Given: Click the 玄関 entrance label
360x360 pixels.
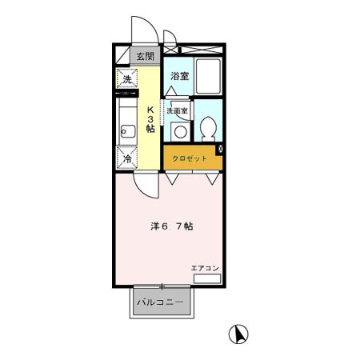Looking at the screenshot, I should point(146,56).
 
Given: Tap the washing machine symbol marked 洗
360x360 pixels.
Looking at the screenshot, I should point(127,79).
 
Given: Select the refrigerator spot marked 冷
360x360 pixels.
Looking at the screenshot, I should point(127,158).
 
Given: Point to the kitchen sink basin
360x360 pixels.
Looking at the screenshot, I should point(126,130).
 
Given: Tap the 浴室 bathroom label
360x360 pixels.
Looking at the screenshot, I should point(179,77).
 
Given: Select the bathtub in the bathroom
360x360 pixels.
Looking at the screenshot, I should point(210,77).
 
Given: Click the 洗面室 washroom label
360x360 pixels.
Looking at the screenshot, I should point(177,112).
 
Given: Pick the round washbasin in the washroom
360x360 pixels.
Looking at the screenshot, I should point(180,132).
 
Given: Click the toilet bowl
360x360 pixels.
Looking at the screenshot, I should point(209,128).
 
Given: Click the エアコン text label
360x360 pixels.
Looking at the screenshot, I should point(205,267).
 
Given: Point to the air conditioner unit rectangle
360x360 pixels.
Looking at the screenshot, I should point(206,278).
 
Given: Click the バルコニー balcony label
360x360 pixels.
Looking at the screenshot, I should point(160,303).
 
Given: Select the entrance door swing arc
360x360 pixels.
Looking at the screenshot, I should point(141,30).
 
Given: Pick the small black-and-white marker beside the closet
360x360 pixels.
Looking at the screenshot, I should point(221,150).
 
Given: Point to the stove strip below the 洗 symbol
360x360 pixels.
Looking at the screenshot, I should point(128,95).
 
